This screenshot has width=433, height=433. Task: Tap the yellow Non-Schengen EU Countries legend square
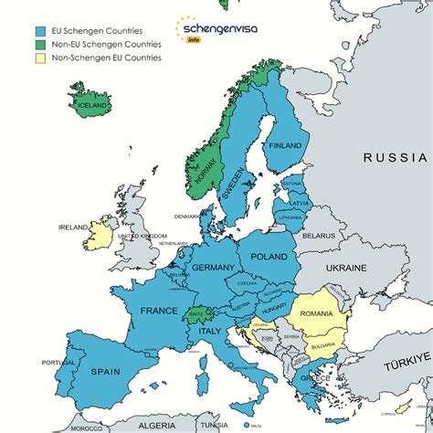coord(21,58)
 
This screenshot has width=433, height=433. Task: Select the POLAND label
coord(269,258)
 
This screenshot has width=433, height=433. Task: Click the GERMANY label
coord(215,268)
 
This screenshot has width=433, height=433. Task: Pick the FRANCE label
coord(159,311)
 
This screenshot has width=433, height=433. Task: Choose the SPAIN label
coord(108,372)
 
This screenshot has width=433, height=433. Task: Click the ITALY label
coord(210,331)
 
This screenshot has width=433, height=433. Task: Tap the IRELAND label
coord(73,227)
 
